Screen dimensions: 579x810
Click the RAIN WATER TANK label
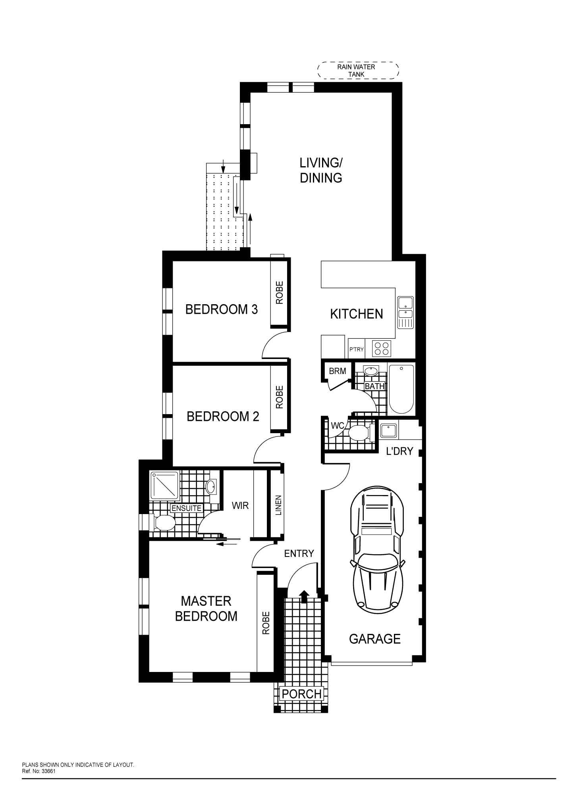pos(356,70)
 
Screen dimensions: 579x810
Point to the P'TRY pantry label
pos(356,349)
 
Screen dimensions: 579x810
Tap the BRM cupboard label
pos(337,371)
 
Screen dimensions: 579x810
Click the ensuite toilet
pos(162,522)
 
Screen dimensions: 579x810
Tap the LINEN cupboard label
pos(278,505)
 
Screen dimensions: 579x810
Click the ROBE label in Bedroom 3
pos(280,293)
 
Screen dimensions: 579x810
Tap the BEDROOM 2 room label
pos(223,417)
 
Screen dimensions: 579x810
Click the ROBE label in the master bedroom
pos(266,623)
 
